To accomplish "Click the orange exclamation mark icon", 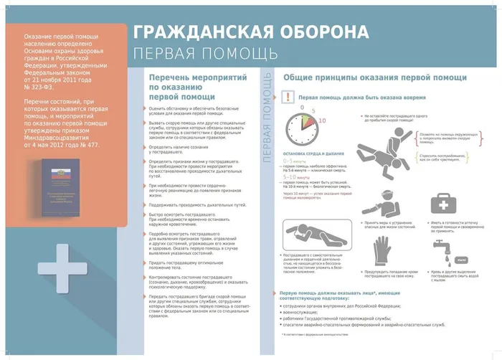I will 287,97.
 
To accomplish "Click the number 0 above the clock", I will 302,107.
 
